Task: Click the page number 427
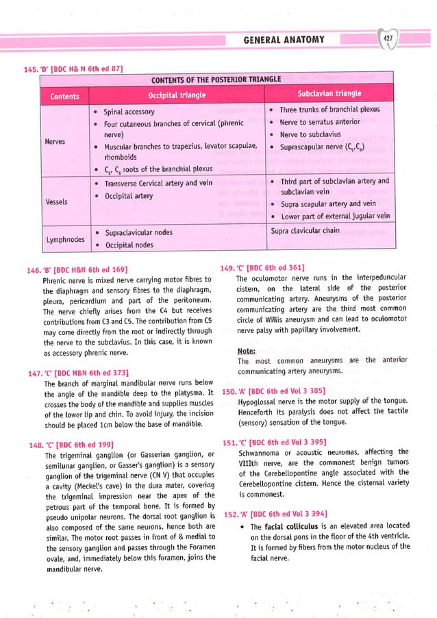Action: click(388, 39)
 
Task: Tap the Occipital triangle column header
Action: click(179, 94)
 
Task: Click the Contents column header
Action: click(62, 97)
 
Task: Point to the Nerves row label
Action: click(56, 143)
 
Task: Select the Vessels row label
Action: click(57, 202)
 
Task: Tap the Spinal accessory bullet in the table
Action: click(129, 111)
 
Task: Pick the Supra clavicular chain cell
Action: click(305, 231)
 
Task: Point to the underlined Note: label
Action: click(246, 351)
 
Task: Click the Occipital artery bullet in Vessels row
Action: click(128, 196)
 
